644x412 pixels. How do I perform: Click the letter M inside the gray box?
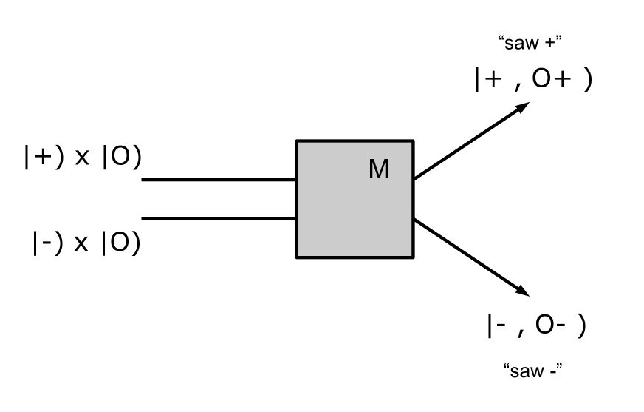point(378,170)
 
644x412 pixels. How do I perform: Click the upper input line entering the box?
point(219,179)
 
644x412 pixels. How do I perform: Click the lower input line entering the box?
point(219,218)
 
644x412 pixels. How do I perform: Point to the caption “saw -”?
point(532,370)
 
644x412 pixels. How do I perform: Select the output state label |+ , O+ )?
point(532,81)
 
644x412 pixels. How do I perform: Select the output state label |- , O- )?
point(536,326)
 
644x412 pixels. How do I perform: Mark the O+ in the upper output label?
point(549,81)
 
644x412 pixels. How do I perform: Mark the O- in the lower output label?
point(551,326)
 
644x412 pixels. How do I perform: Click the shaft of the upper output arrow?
point(465,145)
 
